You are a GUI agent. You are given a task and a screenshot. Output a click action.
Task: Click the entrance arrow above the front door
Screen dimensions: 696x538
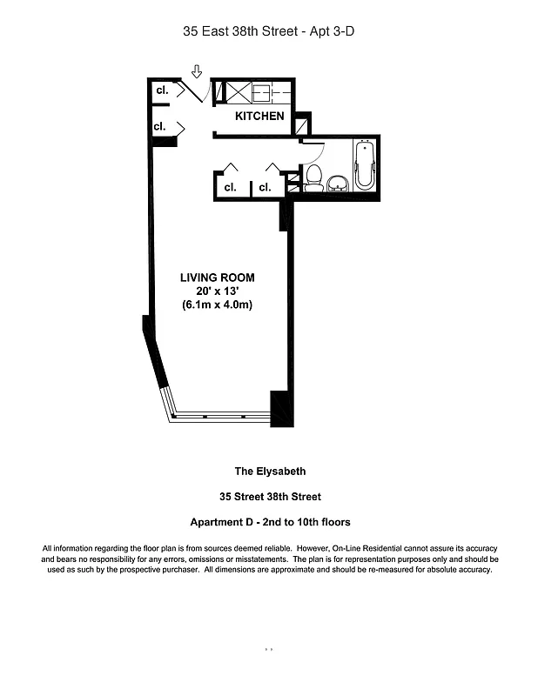coord(197,70)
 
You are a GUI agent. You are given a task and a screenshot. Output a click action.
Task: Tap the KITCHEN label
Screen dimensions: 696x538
coord(259,116)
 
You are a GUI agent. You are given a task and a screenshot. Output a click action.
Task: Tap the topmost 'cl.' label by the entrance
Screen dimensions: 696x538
coord(161,90)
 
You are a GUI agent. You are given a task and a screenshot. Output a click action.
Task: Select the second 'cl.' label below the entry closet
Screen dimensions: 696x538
coord(159,127)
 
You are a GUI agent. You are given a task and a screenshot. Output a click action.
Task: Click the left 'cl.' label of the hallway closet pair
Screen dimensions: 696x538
coord(230,187)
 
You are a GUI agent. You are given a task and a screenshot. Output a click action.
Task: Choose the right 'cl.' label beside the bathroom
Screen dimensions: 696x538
coord(265,187)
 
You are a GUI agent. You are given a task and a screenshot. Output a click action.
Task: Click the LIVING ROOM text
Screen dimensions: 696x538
coord(218,278)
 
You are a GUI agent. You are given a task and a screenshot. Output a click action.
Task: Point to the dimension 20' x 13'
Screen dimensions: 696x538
coord(218,291)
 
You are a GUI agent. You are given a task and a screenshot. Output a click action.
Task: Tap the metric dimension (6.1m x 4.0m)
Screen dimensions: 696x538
coord(218,305)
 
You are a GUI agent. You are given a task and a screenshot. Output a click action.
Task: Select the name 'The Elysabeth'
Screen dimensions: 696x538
coord(270,472)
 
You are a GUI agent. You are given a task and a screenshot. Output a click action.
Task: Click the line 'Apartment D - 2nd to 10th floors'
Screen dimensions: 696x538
coord(270,522)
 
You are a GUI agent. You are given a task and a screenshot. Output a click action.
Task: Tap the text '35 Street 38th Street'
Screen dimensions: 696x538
coord(270,497)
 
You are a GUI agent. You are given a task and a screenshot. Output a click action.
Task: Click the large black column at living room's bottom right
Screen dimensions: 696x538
coord(282,409)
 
